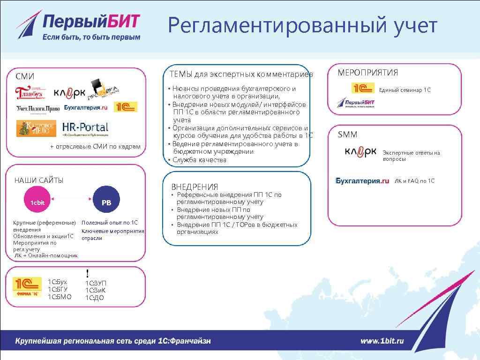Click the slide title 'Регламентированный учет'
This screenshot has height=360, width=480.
(302, 26)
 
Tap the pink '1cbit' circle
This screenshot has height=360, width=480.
(37, 202)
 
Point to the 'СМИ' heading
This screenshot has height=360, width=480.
(25, 76)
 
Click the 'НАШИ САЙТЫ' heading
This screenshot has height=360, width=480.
(38, 180)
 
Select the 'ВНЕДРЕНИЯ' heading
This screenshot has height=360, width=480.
(195, 187)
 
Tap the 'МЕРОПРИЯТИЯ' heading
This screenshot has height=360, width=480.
(368, 73)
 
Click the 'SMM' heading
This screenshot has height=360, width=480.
(348, 135)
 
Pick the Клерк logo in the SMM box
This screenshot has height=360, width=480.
(360, 152)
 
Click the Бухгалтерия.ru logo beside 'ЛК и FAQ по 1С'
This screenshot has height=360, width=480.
(363, 181)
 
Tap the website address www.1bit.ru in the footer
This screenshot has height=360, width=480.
(382, 341)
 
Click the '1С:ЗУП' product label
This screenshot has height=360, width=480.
(96, 283)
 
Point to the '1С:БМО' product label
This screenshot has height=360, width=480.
(60, 296)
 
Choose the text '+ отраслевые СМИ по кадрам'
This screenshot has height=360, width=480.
(95, 147)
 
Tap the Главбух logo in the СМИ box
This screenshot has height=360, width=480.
(30, 92)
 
